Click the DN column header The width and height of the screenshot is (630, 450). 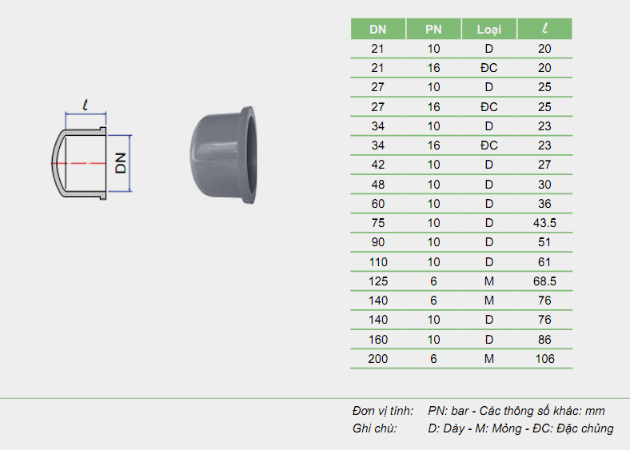[x=378, y=29]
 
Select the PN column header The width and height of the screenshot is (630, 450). [x=433, y=29]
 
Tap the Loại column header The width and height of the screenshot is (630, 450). [x=488, y=29]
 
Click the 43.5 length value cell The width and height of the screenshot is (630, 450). [x=544, y=222]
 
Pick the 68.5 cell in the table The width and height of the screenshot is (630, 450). [x=544, y=281]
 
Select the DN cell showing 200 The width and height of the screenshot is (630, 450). [x=378, y=359]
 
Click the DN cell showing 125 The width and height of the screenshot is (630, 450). [x=378, y=281]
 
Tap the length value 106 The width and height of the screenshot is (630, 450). [x=544, y=359]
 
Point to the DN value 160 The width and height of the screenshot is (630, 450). [x=378, y=340]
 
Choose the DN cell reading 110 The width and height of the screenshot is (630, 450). [x=378, y=261]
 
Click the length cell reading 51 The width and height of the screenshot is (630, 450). [x=544, y=242]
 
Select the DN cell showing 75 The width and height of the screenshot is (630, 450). [x=378, y=222]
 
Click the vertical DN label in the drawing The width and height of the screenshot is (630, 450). [x=121, y=163]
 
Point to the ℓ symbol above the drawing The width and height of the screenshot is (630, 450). [x=85, y=103]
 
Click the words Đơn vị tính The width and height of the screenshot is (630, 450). [x=382, y=411]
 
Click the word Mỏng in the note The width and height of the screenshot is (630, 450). [x=502, y=428]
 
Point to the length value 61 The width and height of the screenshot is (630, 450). [x=544, y=261]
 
